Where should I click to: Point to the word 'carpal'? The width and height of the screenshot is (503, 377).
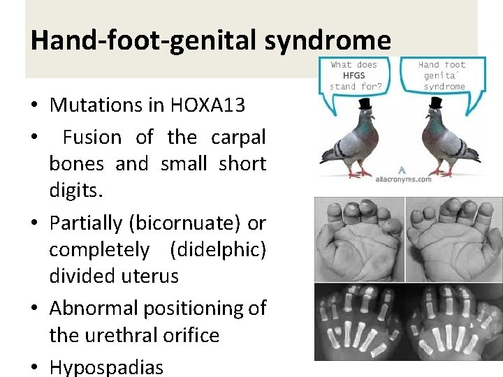pyautogui.click(x=238, y=137)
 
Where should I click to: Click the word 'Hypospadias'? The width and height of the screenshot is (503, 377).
pyautogui.click(x=106, y=367)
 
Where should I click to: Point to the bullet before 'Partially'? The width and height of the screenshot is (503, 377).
pyautogui.click(x=34, y=224)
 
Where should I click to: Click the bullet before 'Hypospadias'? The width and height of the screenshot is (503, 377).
pyautogui.click(x=34, y=367)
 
